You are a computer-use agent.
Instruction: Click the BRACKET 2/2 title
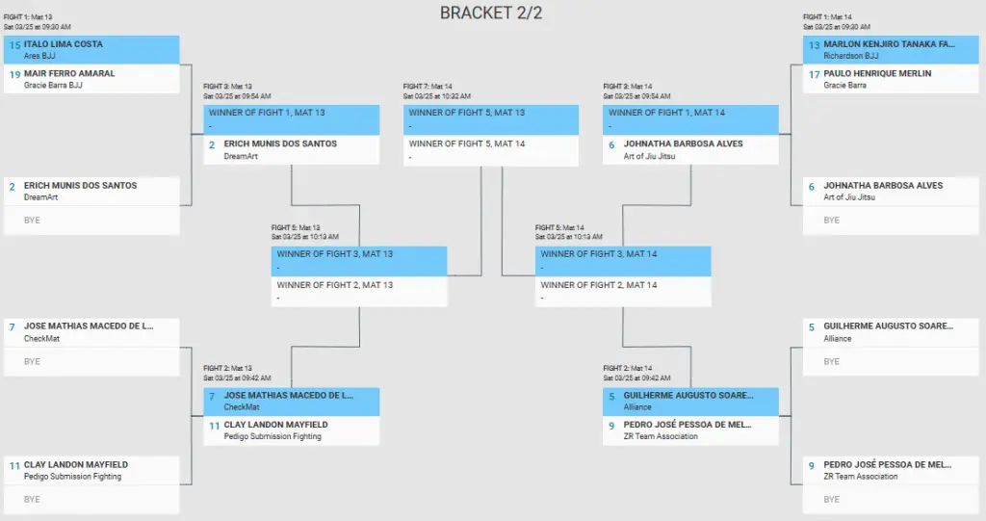(x=490, y=13)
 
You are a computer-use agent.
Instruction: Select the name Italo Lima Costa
(x=63, y=44)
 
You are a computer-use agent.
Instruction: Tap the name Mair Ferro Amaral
(x=69, y=73)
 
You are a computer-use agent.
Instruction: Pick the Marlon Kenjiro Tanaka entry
(x=889, y=44)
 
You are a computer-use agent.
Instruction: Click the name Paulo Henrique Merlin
(x=877, y=73)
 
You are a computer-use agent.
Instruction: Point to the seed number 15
(x=14, y=45)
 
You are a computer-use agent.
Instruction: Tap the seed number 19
(x=14, y=74)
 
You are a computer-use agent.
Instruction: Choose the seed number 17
(x=814, y=74)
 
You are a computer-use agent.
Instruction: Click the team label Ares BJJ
(x=39, y=56)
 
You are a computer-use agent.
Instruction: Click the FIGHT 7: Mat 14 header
(x=428, y=87)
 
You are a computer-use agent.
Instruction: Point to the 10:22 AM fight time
(x=455, y=96)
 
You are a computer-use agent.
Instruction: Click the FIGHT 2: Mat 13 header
(x=227, y=368)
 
